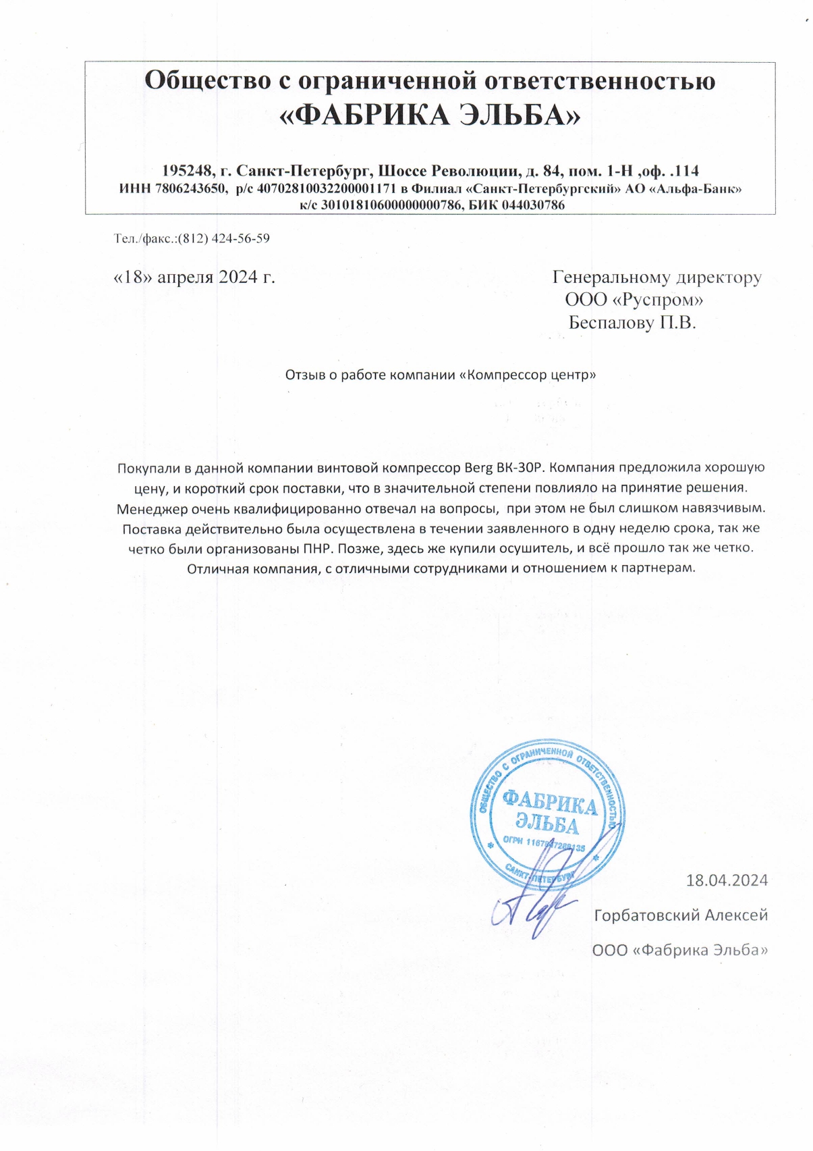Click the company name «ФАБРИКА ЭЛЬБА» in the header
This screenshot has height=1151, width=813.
click(430, 116)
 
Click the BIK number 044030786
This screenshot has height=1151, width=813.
click(532, 205)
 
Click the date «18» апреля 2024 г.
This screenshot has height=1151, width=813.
click(194, 277)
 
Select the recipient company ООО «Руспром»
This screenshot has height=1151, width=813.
click(634, 299)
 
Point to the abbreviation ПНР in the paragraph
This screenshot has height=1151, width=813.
click(319, 547)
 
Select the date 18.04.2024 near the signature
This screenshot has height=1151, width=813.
click(727, 880)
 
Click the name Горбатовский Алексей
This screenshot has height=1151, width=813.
click(681, 915)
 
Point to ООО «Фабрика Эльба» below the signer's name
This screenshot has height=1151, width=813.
click(680, 951)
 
